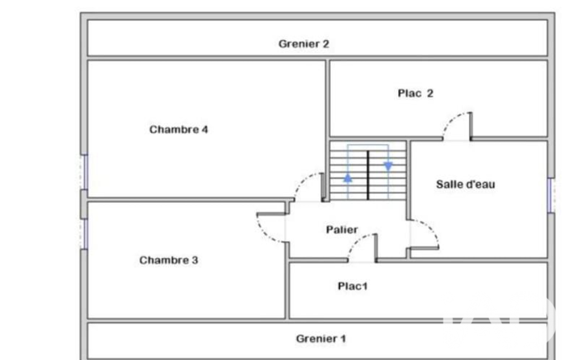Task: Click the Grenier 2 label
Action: tap(304, 44)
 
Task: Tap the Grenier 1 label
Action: tap(321, 338)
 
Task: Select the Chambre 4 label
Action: tap(178, 129)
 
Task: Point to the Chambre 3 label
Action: tap(169, 260)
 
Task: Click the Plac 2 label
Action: tap(416, 94)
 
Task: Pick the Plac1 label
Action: tap(352, 286)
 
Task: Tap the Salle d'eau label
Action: tap(465, 184)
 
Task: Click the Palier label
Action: tap(342, 230)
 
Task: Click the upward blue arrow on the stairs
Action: tap(348, 178)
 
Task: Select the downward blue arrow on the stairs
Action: tap(388, 167)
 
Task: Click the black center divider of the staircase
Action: tap(368, 175)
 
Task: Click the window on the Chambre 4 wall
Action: tap(84, 172)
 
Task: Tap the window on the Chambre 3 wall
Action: tap(84, 234)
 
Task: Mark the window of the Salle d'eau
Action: tap(551, 195)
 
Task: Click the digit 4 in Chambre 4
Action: tap(205, 129)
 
